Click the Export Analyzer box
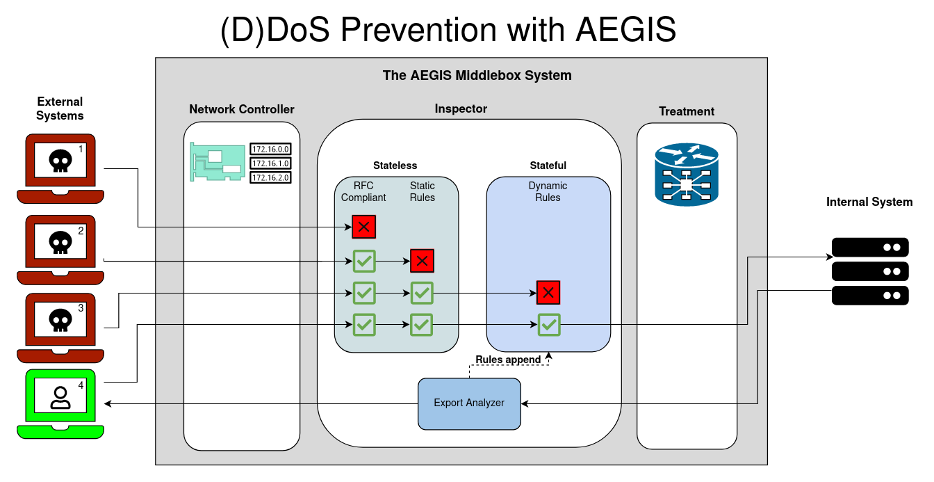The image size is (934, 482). coord(469,403)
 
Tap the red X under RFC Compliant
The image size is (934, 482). coord(363,227)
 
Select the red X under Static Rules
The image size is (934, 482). coord(422,261)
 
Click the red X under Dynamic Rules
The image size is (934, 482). coord(548,293)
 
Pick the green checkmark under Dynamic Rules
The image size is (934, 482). coord(548,324)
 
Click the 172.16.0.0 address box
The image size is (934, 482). coord(270,149)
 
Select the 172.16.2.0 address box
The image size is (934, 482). coord(270,177)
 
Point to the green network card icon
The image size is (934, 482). coord(218,162)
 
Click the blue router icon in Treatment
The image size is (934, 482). coord(687,175)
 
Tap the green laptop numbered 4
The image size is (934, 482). coord(60,403)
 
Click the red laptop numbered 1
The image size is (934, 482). coord(60,168)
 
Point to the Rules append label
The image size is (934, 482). coord(508,360)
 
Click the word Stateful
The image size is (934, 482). coord(548,166)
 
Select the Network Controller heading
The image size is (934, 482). coord(242,109)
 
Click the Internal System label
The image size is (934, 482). coord(869,202)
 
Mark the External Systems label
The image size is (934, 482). coord(60,109)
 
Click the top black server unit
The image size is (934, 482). coord(870,247)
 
